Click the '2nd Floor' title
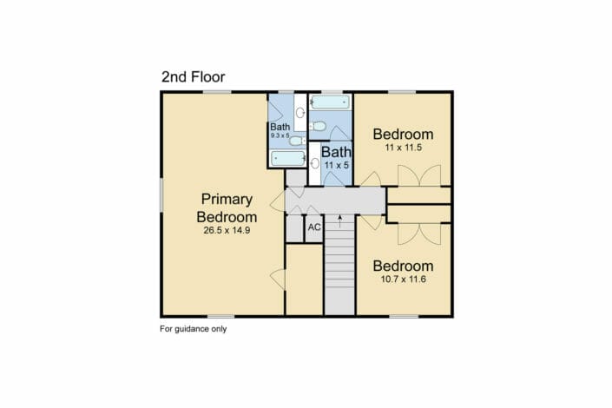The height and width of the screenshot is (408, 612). [194, 77]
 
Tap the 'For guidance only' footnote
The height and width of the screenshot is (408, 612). [194, 329]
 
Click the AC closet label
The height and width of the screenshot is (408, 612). [314, 227]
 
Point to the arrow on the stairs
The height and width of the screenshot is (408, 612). [340, 221]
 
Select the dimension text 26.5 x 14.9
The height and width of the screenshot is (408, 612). [227, 230]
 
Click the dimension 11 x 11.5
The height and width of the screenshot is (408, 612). [403, 148]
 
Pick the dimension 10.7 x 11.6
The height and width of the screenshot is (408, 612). [403, 280]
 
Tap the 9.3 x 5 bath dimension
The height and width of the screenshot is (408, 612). [280, 135]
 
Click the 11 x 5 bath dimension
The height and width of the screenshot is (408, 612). [337, 166]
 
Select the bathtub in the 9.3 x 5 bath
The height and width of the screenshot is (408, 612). [288, 158]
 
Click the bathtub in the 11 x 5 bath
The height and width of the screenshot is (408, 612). [330, 102]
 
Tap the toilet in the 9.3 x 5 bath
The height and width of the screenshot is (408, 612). [298, 141]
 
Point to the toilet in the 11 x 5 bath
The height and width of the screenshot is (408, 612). [318, 127]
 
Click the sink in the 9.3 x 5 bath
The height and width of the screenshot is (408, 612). [300, 113]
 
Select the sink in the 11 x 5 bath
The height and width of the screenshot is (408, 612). [315, 163]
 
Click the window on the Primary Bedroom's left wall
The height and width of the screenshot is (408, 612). [161, 195]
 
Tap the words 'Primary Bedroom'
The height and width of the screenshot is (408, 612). [227, 207]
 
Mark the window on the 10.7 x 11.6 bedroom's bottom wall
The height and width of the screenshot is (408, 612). [404, 316]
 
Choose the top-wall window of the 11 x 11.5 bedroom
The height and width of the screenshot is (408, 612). [402, 92]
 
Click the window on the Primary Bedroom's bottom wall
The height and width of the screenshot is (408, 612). [220, 316]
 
